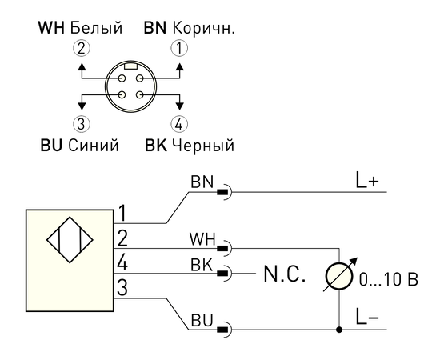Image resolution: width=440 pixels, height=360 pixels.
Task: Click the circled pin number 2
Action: pyautogui.click(x=82, y=48)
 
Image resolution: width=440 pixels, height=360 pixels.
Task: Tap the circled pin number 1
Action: pyautogui.click(x=179, y=48)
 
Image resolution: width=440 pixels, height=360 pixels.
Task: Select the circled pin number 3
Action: pyautogui.click(x=82, y=124)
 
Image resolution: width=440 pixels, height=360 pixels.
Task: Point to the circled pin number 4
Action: pyautogui.click(x=179, y=124)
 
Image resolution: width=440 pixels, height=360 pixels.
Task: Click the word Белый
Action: pyautogui.click(x=96, y=28)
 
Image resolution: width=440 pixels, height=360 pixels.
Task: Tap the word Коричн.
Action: pyautogui.click(x=203, y=28)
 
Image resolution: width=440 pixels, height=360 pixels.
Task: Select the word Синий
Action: pyautogui.click(x=94, y=146)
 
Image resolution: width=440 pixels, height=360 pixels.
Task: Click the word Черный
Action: pyautogui.click(x=203, y=146)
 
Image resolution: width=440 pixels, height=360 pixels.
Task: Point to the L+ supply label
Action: pyautogui.click(x=367, y=180)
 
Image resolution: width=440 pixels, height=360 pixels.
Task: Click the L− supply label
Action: pyautogui.click(x=367, y=317)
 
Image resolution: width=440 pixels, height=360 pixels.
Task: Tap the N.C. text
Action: pyautogui.click(x=284, y=274)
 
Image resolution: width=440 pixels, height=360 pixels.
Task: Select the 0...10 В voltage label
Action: pyautogui.click(x=389, y=279)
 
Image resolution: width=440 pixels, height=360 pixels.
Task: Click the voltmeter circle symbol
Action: pyautogui.click(x=339, y=275)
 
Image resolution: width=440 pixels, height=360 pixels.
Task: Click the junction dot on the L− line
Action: pyautogui.click(x=339, y=330)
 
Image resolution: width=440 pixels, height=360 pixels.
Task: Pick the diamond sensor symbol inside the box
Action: pyautogui.click(x=70, y=240)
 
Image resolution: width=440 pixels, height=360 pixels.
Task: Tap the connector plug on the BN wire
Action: pyautogui.click(x=225, y=192)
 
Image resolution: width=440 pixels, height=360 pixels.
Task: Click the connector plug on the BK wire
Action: pyautogui.click(x=225, y=273)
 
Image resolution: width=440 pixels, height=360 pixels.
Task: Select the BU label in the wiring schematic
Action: pyautogui.click(x=202, y=320)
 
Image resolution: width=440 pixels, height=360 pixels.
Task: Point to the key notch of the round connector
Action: pyautogui.click(x=130, y=66)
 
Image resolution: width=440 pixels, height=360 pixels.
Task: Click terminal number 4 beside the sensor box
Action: pyautogui.click(x=122, y=263)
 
